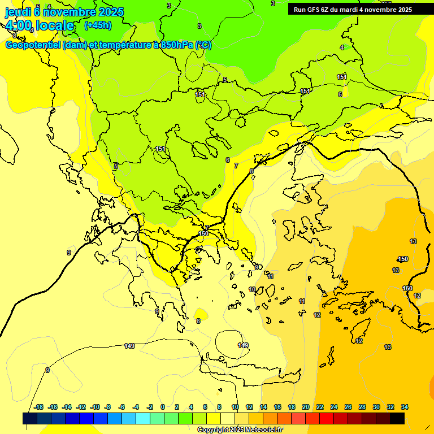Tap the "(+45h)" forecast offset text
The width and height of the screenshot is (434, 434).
tap(98, 25)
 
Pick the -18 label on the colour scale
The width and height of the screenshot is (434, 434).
tap(38, 407)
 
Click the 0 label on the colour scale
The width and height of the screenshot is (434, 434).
tap(163, 407)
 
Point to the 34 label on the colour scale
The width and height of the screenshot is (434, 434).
tap(405, 407)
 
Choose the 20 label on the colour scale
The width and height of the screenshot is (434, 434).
tap(305, 407)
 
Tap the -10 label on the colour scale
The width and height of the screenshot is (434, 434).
tap(95, 407)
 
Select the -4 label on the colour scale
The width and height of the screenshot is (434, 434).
tap(136, 407)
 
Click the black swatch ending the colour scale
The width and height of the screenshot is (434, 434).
tap(397, 418)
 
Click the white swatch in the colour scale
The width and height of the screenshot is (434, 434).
tap(228, 418)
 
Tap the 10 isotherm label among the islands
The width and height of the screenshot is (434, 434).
tap(252, 289)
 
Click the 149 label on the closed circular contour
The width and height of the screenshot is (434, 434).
tap(242, 345)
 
